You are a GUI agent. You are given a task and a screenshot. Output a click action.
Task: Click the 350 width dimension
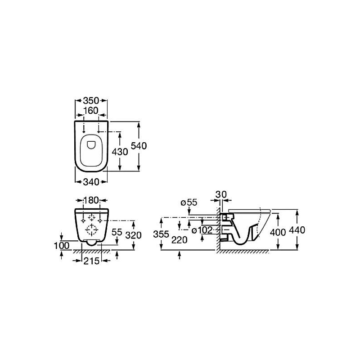tap(91, 100)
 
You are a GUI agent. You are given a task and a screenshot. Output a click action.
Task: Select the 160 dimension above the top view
tap(91, 111)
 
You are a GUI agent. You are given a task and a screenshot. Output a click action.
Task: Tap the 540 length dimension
tap(139, 146)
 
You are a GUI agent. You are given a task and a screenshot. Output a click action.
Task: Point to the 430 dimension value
tap(120, 152)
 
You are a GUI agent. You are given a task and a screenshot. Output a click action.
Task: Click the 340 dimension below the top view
tap(91, 182)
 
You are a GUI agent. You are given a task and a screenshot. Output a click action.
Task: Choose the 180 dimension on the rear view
tap(91, 200)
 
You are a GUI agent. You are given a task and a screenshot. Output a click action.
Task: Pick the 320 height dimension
tap(133, 235)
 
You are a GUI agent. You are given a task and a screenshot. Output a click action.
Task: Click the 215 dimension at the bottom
tap(91, 261)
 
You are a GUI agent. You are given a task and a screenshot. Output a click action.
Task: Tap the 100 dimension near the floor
tap(62, 246)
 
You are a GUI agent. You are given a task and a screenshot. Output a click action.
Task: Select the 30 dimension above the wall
tap(221, 194)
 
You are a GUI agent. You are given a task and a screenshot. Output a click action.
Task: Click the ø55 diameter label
tap(189, 202)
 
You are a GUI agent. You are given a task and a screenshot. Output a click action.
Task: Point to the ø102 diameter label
tap(202, 230)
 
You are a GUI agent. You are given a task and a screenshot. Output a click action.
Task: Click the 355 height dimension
tap(161, 234)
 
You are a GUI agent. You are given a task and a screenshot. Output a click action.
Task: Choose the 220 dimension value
tap(180, 240)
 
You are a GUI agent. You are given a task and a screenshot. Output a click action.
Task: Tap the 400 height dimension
tap(278, 233)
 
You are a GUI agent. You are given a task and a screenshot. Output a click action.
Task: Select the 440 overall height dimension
tap(297, 230)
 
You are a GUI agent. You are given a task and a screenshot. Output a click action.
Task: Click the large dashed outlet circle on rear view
tap(92, 229)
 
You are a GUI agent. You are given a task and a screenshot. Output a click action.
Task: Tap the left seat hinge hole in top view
tap(84, 132)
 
